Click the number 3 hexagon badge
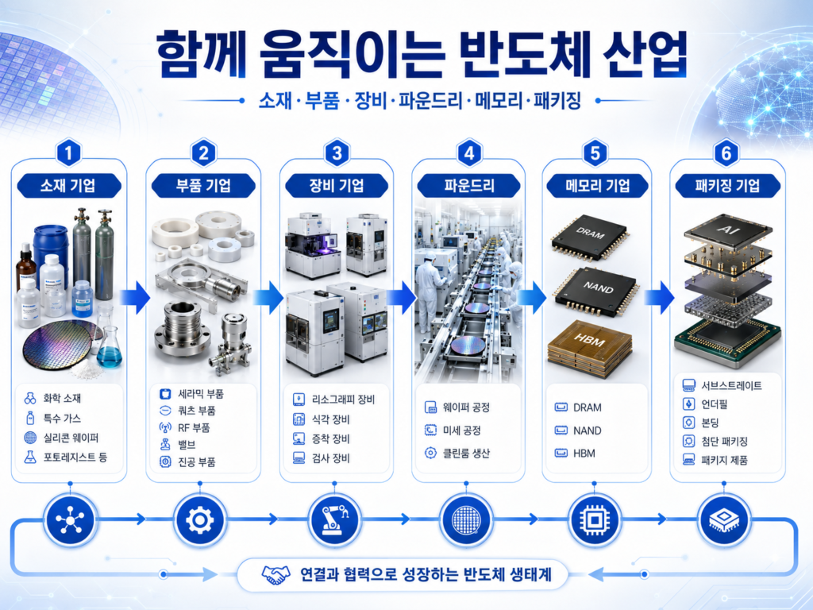click(337, 153)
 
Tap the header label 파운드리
click(469, 186)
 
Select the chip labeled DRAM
click(590, 237)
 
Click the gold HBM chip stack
click(590, 342)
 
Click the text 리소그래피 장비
click(343, 400)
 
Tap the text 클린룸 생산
click(466, 453)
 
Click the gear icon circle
click(199, 519)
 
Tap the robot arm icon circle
click(334, 519)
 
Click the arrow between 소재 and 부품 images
click(135, 298)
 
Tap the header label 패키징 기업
click(727, 186)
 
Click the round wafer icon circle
click(466, 519)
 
